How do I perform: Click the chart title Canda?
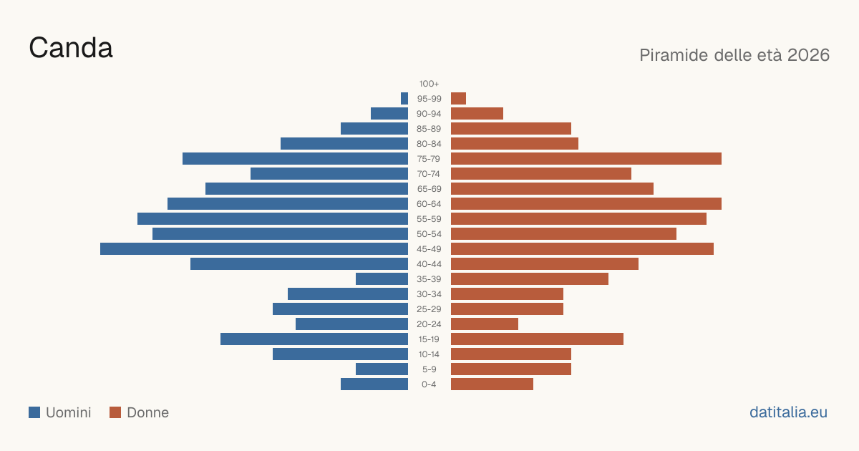(71, 48)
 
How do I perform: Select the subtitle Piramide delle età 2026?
(734, 55)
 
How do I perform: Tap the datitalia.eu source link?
(788, 412)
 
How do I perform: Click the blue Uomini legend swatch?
(34, 412)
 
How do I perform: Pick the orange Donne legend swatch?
(115, 412)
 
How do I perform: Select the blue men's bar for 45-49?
(254, 249)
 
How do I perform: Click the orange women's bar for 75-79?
(586, 159)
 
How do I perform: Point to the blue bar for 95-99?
(404, 99)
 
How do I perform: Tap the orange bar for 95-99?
(458, 99)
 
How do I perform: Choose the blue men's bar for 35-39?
(382, 278)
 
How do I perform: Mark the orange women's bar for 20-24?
(485, 324)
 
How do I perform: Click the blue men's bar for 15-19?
(314, 339)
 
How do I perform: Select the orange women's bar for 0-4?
(492, 384)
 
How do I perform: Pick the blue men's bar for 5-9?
(382, 369)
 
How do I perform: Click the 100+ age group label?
(429, 84)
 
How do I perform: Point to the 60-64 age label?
(429, 204)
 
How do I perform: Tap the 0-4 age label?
(429, 384)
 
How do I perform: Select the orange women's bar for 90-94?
(477, 114)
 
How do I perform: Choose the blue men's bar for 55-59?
(273, 218)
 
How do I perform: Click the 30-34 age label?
(429, 294)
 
